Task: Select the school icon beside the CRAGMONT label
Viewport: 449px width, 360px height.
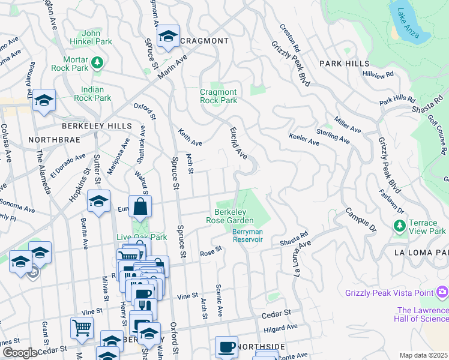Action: click(169, 37)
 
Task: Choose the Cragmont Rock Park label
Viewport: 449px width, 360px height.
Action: click(218, 96)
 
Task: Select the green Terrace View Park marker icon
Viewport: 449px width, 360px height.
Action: click(399, 225)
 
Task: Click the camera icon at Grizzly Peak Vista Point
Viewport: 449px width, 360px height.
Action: click(442, 292)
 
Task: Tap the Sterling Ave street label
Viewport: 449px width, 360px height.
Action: click(333, 136)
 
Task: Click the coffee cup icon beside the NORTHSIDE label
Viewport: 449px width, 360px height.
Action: click(226, 347)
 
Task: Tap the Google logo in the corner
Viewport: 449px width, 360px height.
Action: click(20, 353)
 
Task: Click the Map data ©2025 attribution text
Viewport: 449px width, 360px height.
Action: click(424, 355)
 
